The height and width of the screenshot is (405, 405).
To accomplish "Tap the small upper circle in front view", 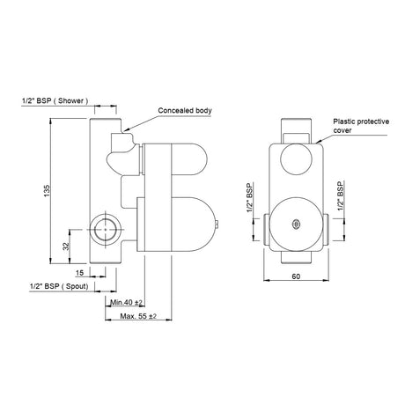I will click(x=296, y=161).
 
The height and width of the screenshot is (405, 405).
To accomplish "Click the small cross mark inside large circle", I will click(x=296, y=223).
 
